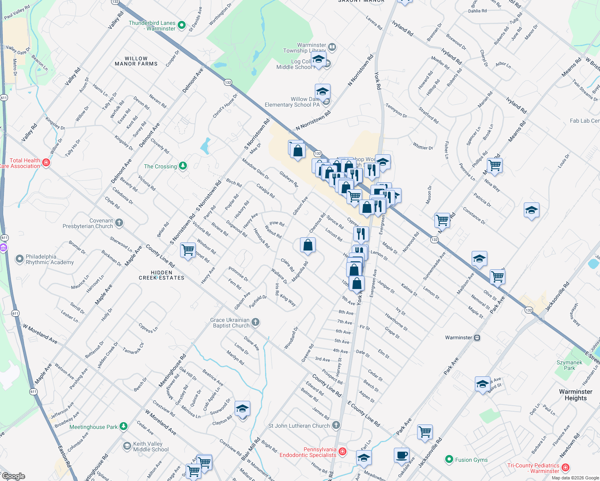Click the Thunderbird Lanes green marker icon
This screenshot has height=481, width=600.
pyautogui.click(x=182, y=25)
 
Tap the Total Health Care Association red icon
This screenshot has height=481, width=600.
pyautogui.click(x=46, y=163)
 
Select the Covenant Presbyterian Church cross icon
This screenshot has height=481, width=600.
pyautogui.click(x=119, y=223)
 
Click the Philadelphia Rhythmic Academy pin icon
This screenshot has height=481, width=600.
pyautogui.click(x=19, y=259)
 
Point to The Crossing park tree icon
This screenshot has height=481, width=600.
pyautogui.click(x=183, y=166)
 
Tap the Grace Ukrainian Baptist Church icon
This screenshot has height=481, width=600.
pyautogui.click(x=255, y=322)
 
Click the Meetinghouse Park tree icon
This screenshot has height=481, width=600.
pyautogui.click(x=124, y=426)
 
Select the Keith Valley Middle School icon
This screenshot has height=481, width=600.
pyautogui.click(x=127, y=446)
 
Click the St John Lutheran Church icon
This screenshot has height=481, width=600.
pyautogui.click(x=336, y=425)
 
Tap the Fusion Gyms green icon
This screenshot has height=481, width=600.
pyautogui.click(x=449, y=459)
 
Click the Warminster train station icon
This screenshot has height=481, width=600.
pyautogui.click(x=477, y=338)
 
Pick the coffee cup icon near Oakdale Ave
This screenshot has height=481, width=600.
pyautogui.click(x=401, y=455)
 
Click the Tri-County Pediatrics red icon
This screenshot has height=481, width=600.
pyautogui.click(x=565, y=467)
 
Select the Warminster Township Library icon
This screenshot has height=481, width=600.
pyautogui.click(x=332, y=47)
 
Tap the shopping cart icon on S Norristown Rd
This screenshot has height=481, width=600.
pyautogui.click(x=188, y=250)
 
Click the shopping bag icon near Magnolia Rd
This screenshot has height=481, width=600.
pyautogui.click(x=308, y=245)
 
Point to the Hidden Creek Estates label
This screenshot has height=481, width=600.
pyautogui.click(x=162, y=275)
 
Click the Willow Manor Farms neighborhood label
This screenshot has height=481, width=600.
pyautogui.click(x=136, y=61)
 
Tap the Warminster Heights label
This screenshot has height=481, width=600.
pyautogui.click(x=576, y=395)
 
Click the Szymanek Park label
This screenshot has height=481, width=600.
pyautogui.click(x=569, y=365)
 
